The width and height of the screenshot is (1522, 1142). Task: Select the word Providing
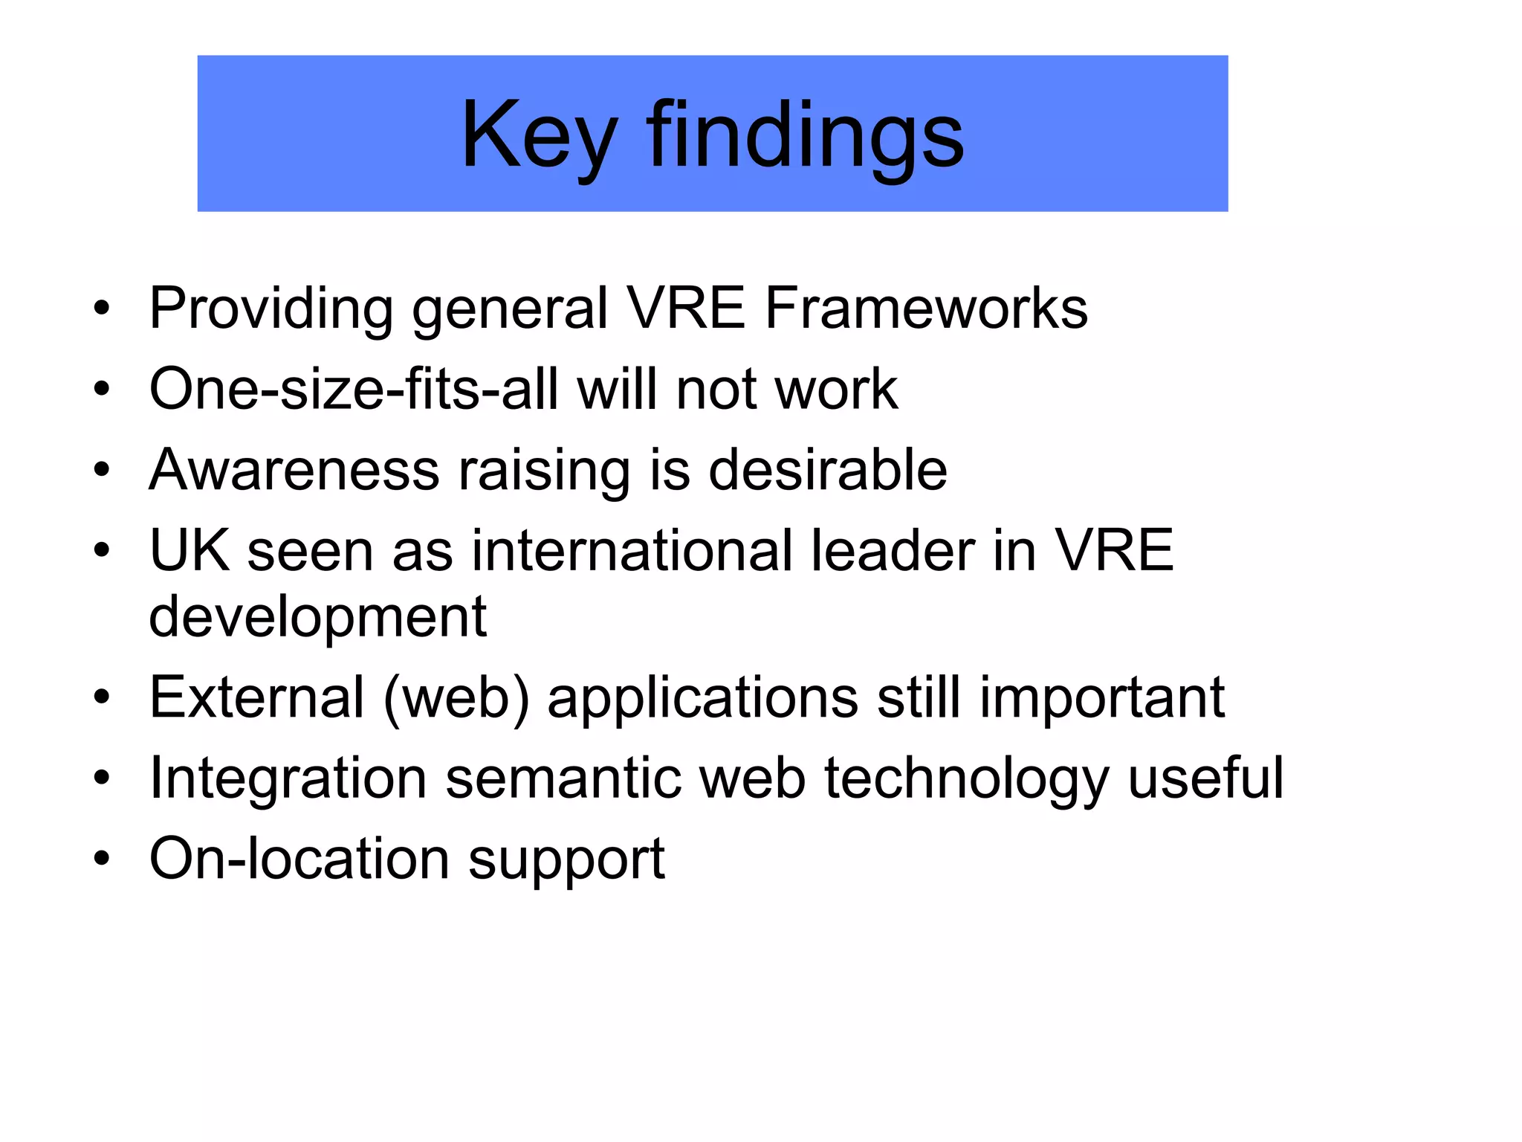coord(271,309)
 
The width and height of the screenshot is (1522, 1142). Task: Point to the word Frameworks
coord(926,309)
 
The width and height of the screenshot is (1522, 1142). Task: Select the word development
coord(318,617)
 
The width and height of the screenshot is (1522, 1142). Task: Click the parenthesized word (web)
coord(456,699)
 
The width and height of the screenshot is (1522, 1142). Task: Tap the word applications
coord(703,699)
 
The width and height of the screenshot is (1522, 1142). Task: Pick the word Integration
coord(288,779)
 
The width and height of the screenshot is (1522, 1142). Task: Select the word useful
coord(1205,778)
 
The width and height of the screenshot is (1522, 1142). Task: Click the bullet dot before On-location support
coord(102,859)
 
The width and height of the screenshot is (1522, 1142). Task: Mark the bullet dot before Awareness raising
coord(102,471)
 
